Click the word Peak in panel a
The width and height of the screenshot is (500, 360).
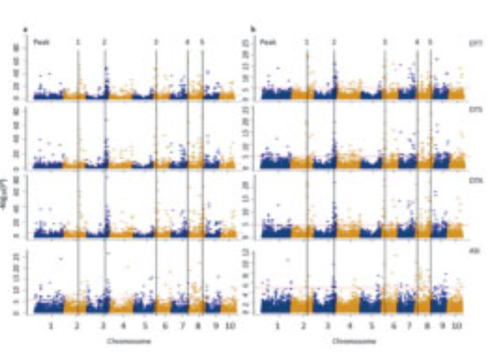click(43, 43)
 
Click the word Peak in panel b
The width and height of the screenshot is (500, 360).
click(268, 43)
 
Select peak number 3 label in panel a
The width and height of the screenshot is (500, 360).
click(156, 43)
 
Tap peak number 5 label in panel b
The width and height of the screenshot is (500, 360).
click(430, 43)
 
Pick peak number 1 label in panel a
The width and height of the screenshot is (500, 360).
click(78, 43)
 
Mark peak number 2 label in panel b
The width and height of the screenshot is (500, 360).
click(333, 43)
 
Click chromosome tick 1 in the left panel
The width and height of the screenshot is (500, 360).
click(50, 326)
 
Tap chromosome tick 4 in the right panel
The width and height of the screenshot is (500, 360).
click(352, 326)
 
